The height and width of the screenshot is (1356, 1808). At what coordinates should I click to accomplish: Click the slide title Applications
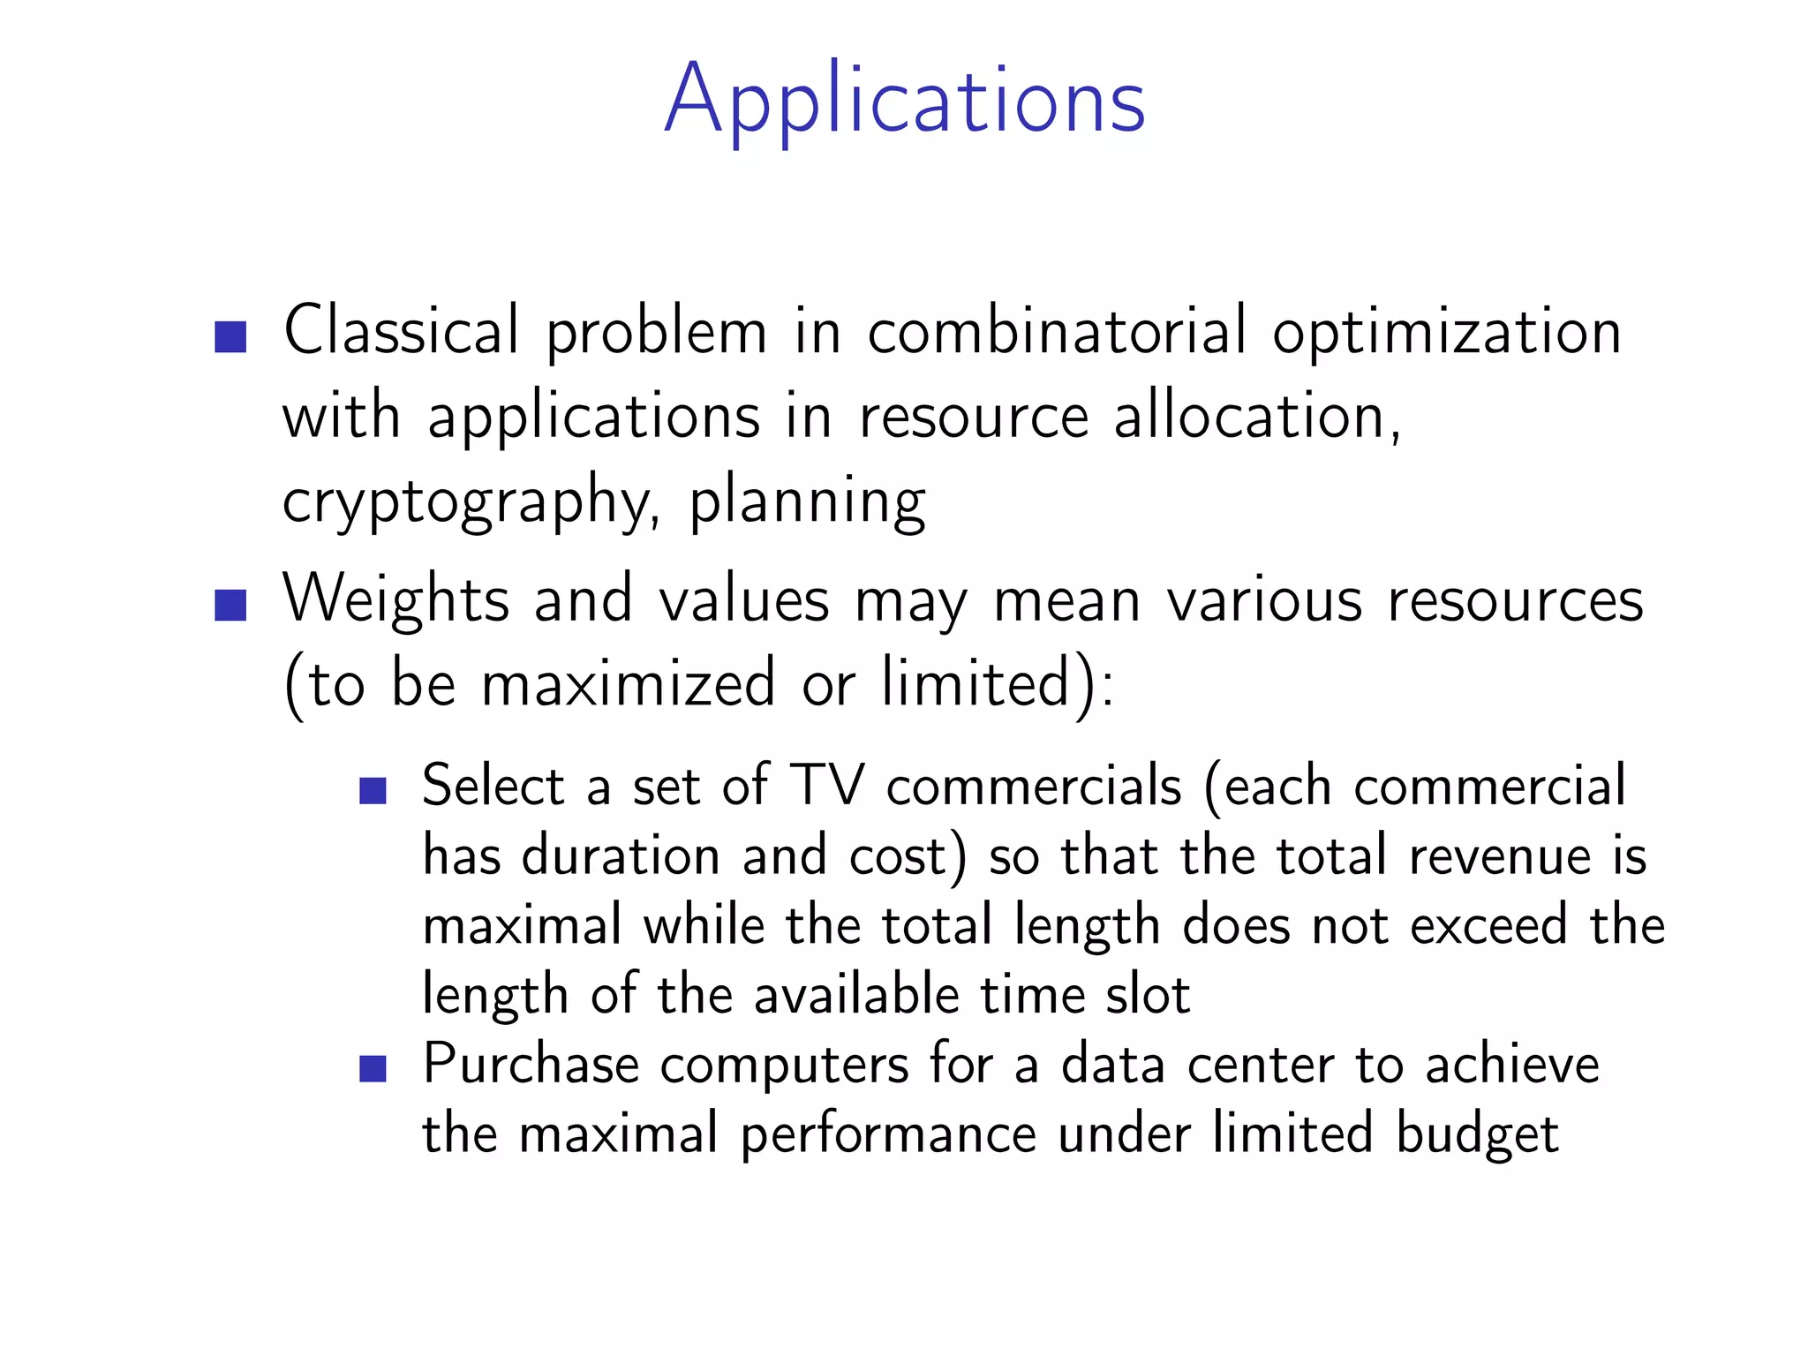tap(905, 101)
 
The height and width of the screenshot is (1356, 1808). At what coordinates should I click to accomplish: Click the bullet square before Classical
tap(230, 337)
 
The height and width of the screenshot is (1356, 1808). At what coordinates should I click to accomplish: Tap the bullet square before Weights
tap(230, 606)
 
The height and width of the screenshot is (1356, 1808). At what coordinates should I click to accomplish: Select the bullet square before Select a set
tap(373, 790)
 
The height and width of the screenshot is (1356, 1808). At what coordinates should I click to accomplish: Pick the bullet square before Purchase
tap(373, 1068)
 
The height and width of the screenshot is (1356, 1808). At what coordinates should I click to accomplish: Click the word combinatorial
tap(1057, 332)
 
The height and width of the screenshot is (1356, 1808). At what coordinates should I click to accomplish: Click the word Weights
tap(395, 599)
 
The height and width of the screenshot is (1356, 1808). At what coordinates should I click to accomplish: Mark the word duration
tap(621, 855)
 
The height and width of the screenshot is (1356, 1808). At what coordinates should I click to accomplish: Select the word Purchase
tap(531, 1064)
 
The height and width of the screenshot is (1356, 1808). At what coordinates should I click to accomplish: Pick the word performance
tap(888, 1135)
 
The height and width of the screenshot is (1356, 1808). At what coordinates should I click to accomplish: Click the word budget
tap(1477, 1135)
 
